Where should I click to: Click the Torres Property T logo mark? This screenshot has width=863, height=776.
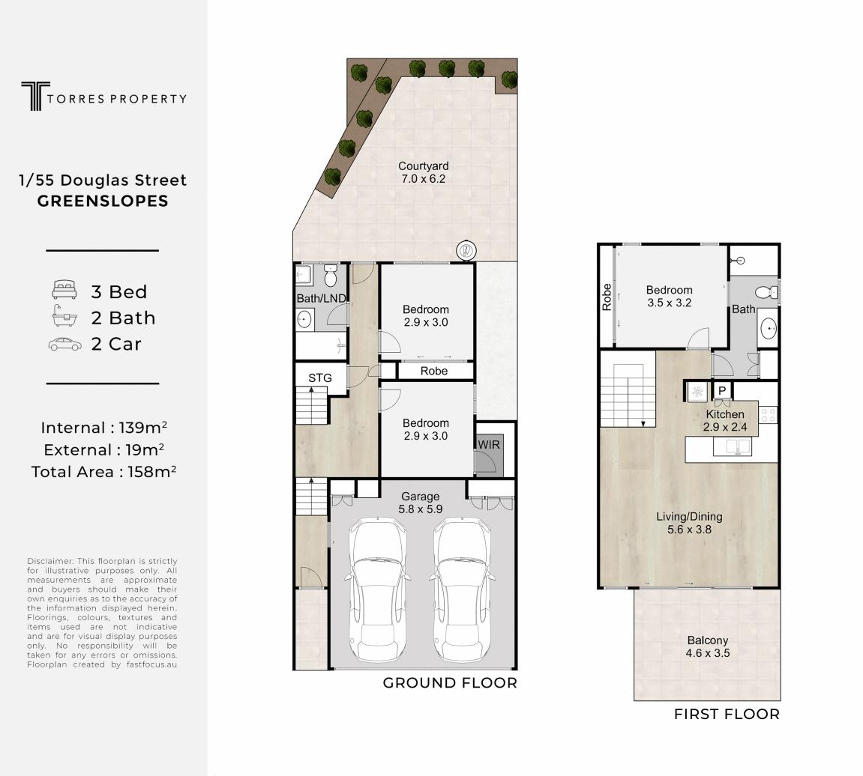(35, 96)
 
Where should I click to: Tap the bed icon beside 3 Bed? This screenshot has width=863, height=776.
(64, 289)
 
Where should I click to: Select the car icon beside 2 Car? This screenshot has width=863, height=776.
(65, 345)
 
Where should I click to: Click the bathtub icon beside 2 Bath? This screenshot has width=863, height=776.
(64, 316)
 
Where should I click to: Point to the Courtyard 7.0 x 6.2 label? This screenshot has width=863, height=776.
(423, 172)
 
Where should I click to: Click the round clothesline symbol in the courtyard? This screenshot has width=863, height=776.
(466, 250)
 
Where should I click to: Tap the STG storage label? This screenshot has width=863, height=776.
(319, 378)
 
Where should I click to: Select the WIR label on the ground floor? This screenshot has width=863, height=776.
(489, 444)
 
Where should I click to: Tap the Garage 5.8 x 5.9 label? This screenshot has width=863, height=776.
(420, 503)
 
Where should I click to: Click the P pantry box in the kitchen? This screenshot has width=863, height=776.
(722, 390)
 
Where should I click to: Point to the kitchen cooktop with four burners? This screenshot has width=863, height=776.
(768, 415)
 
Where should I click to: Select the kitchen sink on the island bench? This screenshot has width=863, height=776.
(732, 448)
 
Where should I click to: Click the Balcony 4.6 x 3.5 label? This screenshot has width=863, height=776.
(708, 646)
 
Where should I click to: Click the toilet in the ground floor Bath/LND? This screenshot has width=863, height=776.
(330, 276)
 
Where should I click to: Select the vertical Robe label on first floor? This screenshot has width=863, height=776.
(607, 297)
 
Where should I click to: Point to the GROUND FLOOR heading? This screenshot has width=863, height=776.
(450, 683)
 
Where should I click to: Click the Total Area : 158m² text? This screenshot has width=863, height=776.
(103, 472)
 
